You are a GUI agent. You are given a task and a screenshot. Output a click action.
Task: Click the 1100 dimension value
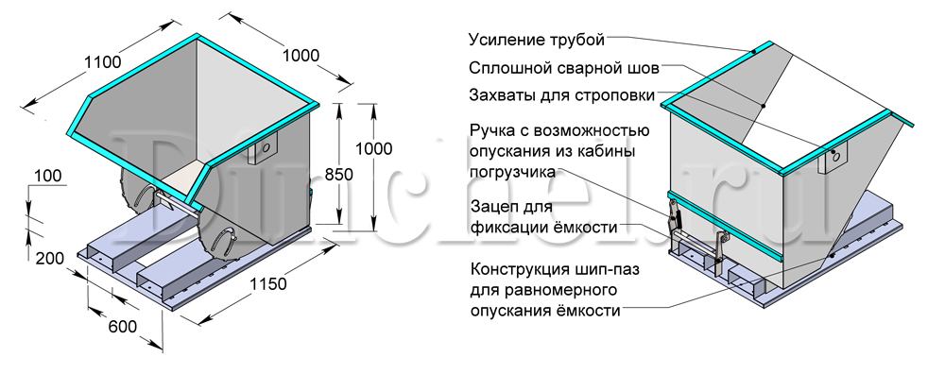[x=102, y=62]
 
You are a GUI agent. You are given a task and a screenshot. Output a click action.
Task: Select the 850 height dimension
[x=338, y=174]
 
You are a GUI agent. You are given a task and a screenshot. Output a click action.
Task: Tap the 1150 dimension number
[x=267, y=283]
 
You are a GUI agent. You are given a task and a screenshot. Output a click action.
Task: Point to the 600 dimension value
[x=122, y=327]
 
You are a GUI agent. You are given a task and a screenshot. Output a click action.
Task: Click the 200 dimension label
[x=49, y=259]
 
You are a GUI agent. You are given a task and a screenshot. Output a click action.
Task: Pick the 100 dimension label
[x=47, y=176]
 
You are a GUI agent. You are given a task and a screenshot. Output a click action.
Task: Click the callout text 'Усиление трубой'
[x=537, y=41]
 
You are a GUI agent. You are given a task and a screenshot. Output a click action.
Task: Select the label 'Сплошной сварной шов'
[x=564, y=68]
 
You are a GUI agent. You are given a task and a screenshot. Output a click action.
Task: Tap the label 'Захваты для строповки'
[x=561, y=95]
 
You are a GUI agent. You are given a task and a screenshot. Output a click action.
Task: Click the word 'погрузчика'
[x=512, y=172]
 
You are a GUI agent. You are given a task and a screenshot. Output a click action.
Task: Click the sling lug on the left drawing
[x=264, y=147]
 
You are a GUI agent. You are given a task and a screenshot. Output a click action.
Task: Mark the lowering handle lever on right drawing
[x=674, y=218]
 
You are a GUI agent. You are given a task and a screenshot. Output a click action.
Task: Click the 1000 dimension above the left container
[x=301, y=56]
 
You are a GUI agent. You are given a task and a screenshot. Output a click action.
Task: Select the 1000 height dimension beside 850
[x=373, y=149]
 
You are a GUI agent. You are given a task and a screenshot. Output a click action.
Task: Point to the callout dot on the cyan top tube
[x=753, y=52]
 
